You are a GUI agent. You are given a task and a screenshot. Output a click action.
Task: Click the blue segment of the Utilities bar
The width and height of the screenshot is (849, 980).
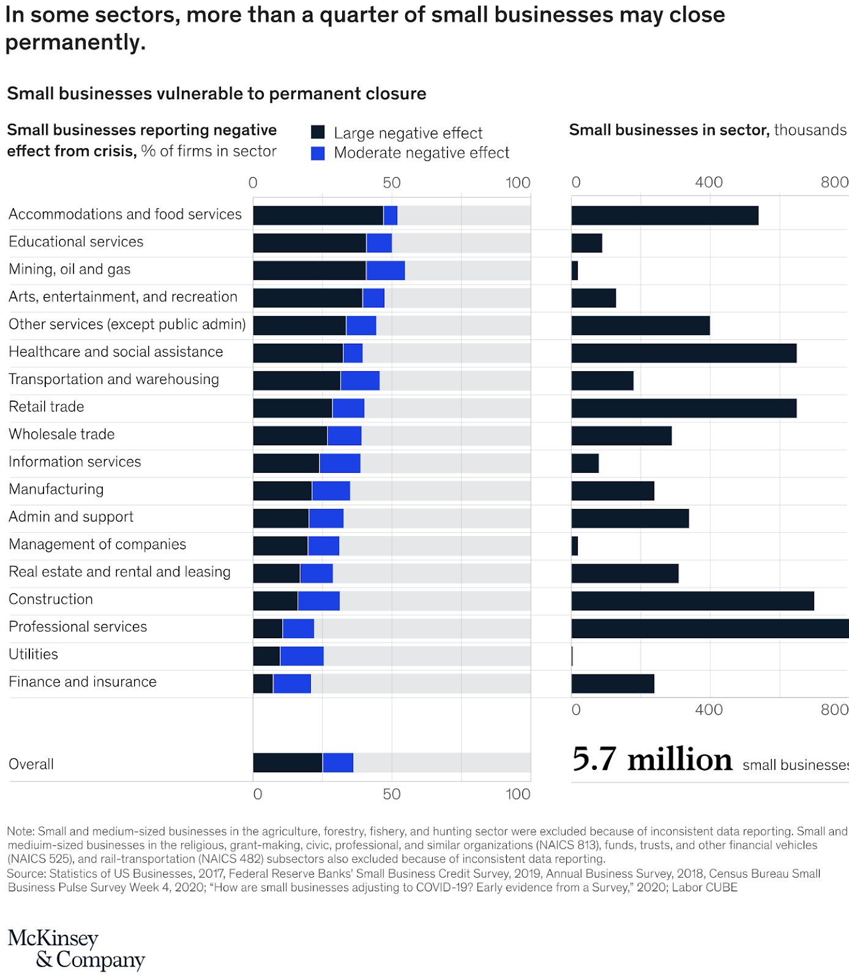pos(302,656)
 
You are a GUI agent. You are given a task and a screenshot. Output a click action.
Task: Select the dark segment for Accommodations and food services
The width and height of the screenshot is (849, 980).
pos(318,216)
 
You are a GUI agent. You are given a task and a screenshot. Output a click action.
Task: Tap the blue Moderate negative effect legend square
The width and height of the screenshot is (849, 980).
pos(318,153)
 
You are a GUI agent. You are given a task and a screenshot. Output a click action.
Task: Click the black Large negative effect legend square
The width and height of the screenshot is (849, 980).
pos(318,132)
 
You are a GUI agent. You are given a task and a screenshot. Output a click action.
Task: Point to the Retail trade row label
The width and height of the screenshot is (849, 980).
pos(47,407)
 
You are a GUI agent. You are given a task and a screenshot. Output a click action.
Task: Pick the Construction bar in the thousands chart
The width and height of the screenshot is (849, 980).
pos(692,601)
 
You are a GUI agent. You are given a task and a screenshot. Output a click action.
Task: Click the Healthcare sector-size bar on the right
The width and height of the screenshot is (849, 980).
pos(684,353)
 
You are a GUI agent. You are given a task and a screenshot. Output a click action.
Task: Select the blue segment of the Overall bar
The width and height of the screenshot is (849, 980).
pos(338,763)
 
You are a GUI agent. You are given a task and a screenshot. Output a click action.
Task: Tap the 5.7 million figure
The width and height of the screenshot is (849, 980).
pos(651,759)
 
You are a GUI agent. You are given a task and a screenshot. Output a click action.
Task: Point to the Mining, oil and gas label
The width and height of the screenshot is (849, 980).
pos(70,269)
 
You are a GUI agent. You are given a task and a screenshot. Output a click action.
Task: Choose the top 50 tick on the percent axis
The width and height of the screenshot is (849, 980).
pos(392,183)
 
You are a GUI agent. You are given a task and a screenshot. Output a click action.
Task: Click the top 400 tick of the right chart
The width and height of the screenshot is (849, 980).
pos(709,183)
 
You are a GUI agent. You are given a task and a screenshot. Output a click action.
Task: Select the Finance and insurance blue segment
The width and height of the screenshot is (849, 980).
pos(292,684)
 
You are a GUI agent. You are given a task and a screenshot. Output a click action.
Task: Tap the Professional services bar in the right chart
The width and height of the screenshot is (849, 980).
pos(710,628)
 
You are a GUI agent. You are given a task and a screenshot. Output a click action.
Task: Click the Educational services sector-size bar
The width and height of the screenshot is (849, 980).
pos(586,243)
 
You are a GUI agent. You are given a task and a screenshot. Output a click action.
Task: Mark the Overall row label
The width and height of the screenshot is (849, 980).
pos(31,764)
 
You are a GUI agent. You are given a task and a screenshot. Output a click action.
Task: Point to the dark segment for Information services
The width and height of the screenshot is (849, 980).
pos(286,463)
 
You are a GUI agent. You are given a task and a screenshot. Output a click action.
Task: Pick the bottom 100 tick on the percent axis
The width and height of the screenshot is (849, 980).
pos(518,794)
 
